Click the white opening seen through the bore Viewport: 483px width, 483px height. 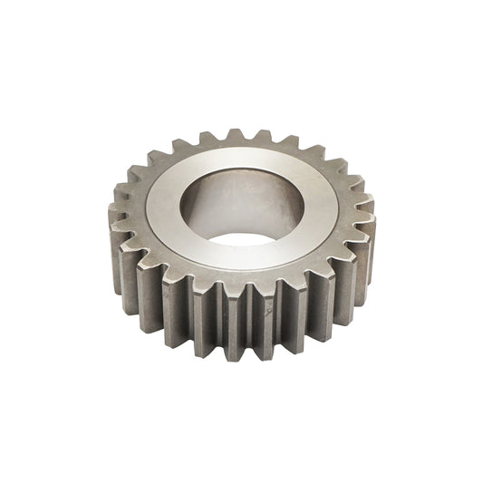242,239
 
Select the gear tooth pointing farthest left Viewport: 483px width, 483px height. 118,217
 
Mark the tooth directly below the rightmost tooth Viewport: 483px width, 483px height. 362,258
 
